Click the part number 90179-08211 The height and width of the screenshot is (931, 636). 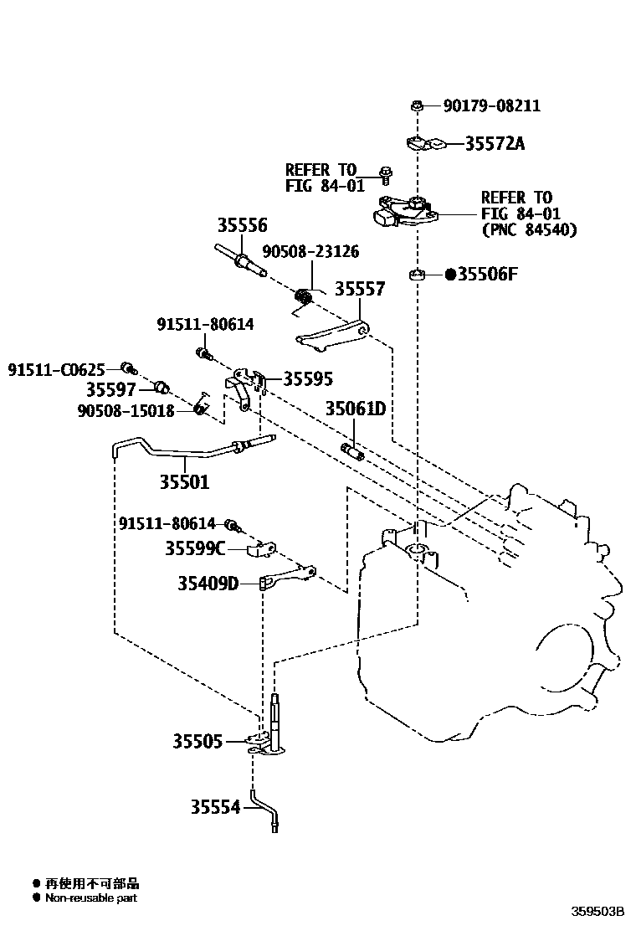point(491,106)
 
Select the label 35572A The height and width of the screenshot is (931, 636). point(495,144)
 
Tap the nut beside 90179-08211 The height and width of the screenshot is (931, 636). point(416,105)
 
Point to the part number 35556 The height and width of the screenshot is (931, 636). point(243,225)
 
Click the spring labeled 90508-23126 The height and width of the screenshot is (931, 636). point(305,296)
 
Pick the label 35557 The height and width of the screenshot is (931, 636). point(360,289)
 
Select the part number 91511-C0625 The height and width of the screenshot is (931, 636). point(57,368)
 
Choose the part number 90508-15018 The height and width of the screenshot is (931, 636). point(126,410)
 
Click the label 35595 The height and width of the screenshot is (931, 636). point(308,379)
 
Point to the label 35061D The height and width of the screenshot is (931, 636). point(356,409)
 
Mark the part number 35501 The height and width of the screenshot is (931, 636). point(184,482)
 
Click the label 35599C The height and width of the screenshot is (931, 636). point(194,548)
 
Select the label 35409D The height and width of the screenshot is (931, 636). point(208,583)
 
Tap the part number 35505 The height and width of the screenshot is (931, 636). point(197,741)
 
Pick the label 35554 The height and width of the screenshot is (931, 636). point(215,807)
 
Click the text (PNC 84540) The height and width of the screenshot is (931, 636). point(529,230)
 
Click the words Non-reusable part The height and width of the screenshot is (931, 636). point(91,898)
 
